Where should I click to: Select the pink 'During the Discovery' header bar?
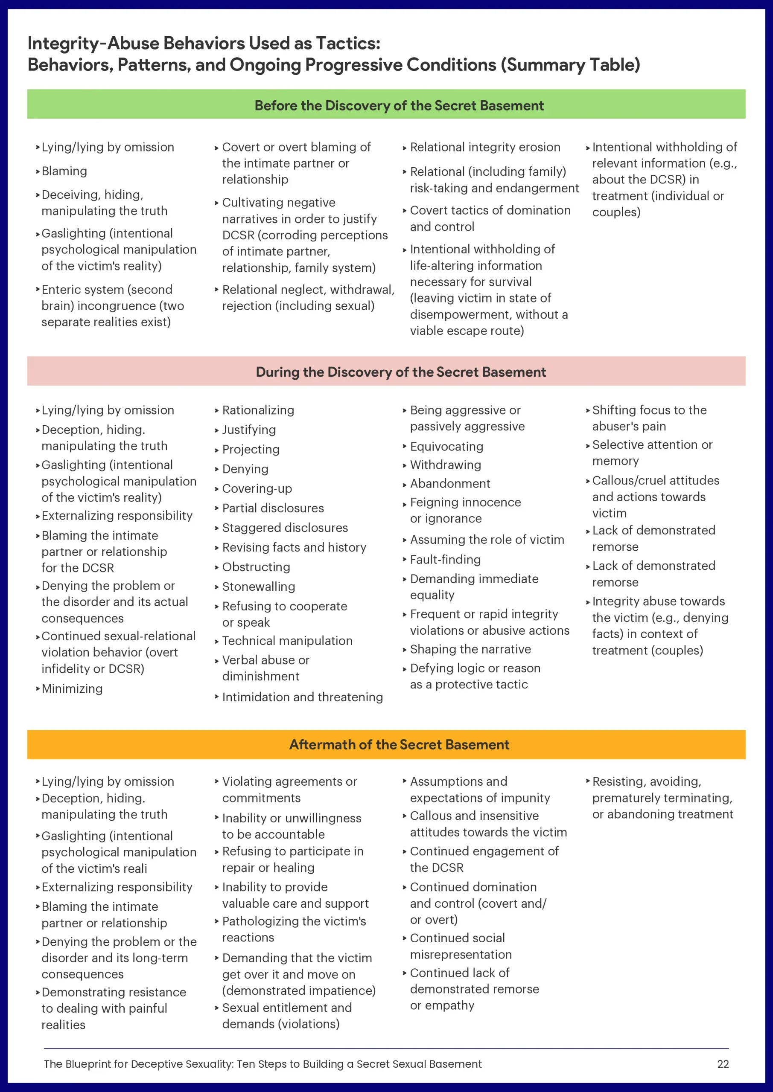(400, 372)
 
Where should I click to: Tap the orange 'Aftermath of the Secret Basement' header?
(399, 744)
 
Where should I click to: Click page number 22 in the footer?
(723, 1064)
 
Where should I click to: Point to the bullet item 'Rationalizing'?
(258, 410)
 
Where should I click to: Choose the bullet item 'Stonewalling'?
(259, 587)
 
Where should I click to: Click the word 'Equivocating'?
(446, 447)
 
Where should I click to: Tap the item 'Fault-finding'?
(445, 559)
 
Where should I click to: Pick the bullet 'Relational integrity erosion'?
(485, 147)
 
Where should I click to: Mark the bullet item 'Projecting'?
(251, 450)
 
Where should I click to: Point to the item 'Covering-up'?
(257, 488)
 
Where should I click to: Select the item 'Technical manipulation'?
(287, 641)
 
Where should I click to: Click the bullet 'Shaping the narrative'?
(470, 649)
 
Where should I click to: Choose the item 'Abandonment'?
(450, 484)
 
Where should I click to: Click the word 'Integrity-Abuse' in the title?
(87, 43)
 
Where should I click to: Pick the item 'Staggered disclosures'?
(285, 528)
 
